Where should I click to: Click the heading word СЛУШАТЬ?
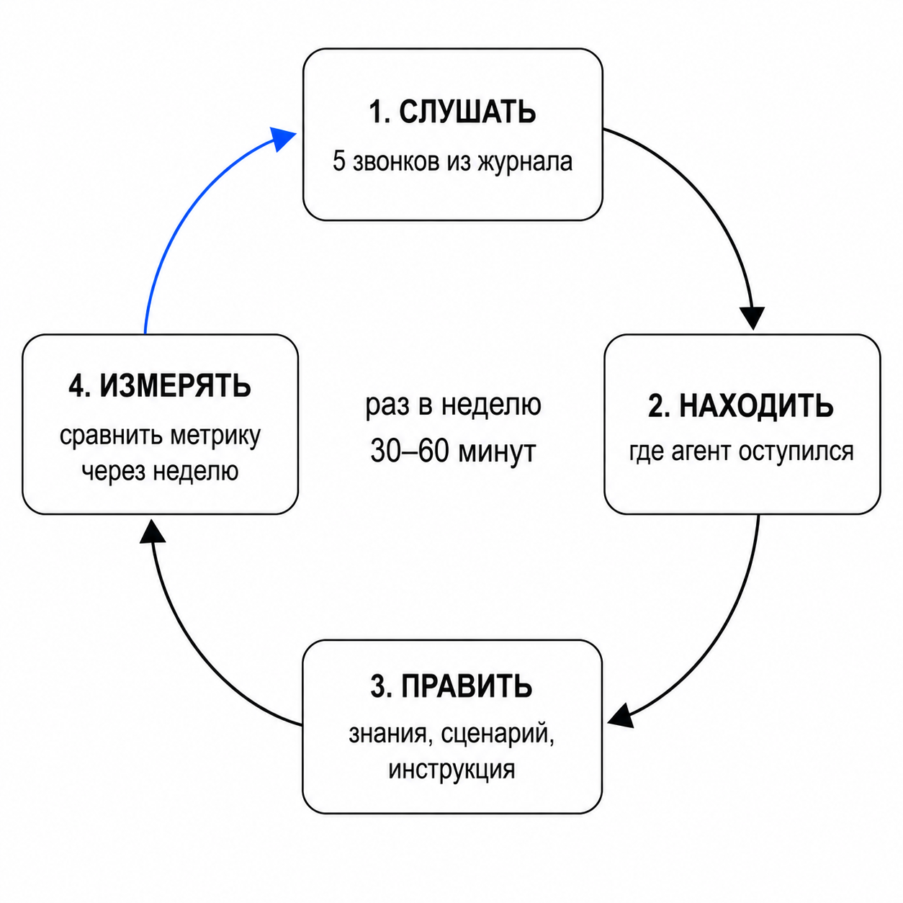[467, 112]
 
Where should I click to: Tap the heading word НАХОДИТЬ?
[756, 406]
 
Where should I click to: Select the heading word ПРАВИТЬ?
[467, 687]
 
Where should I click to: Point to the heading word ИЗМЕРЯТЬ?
[176, 386]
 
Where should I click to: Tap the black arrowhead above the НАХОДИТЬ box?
[752, 318]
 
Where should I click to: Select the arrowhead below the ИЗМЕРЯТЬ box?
[152, 531]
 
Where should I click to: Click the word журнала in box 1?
[525, 162]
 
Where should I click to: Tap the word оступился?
[796, 452]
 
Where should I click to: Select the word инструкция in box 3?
[451, 770]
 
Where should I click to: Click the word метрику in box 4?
[215, 436]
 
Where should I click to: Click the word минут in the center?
[497, 453]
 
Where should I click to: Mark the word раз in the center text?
[387, 406]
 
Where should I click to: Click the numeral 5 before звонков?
[339, 162]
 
